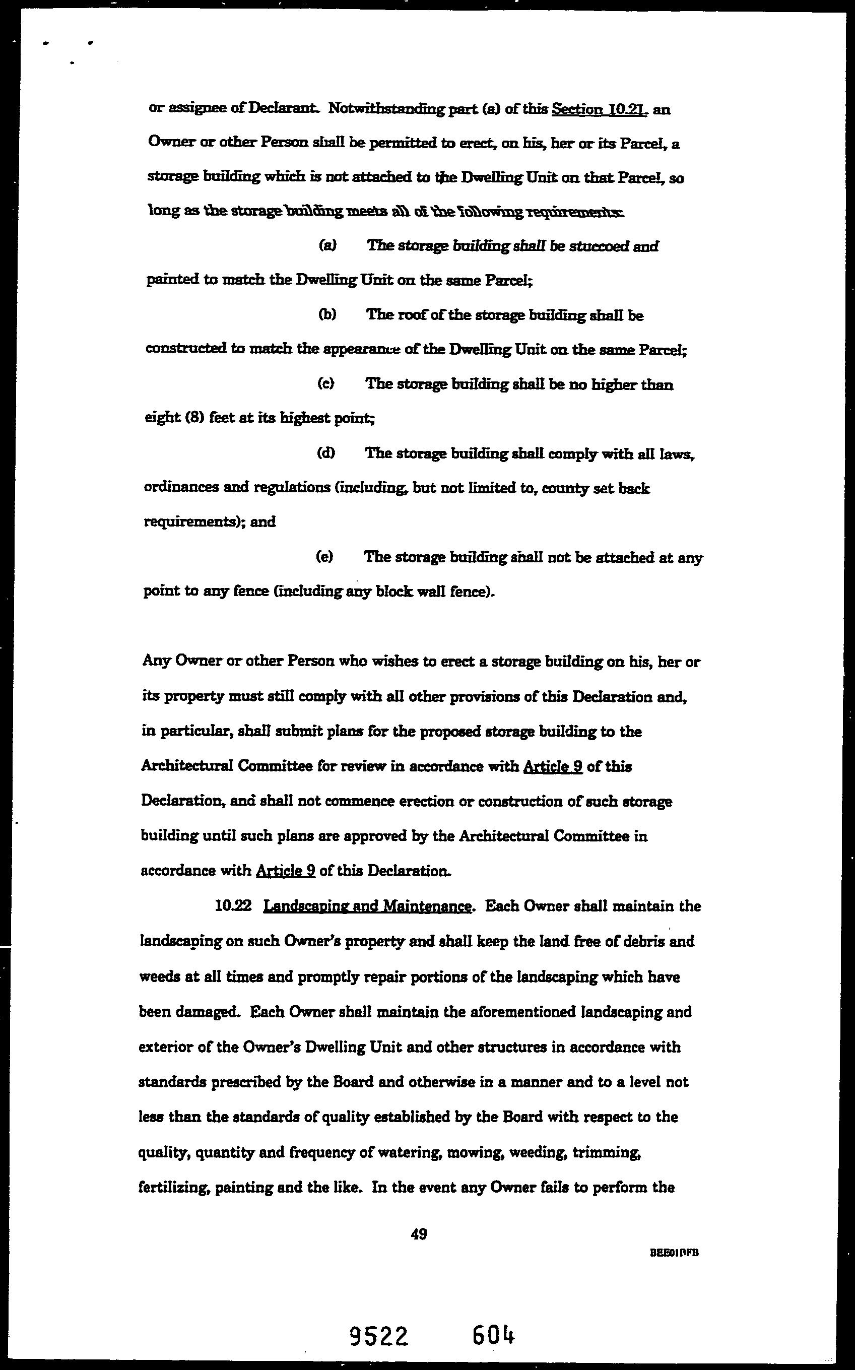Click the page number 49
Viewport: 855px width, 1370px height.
[419, 1234]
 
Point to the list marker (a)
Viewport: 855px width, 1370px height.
[327, 245]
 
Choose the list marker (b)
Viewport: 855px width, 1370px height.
[327, 314]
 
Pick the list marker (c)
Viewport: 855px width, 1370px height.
[325, 383]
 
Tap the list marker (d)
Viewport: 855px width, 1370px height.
[325, 453]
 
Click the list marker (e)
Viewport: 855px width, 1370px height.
[324, 557]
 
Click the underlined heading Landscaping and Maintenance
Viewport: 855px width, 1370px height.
[368, 907]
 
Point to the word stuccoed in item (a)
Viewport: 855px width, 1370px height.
[599, 246]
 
